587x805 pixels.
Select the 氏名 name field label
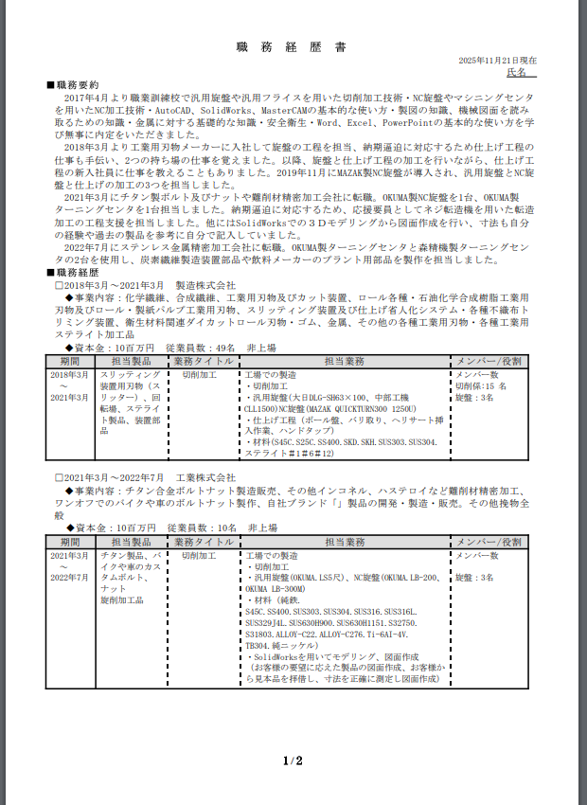pyautogui.click(x=517, y=72)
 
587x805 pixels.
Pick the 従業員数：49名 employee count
pyautogui.click(x=200, y=348)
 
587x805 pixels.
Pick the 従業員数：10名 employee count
pyautogui.click(x=200, y=527)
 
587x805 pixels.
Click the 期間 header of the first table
pyautogui.click(x=69, y=361)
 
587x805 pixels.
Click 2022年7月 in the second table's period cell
pyautogui.click(x=69, y=578)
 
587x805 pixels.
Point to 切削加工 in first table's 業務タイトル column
pyautogui.click(x=201, y=375)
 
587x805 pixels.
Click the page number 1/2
pyautogui.click(x=293, y=760)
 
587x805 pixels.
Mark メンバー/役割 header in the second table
pyautogui.click(x=488, y=542)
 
